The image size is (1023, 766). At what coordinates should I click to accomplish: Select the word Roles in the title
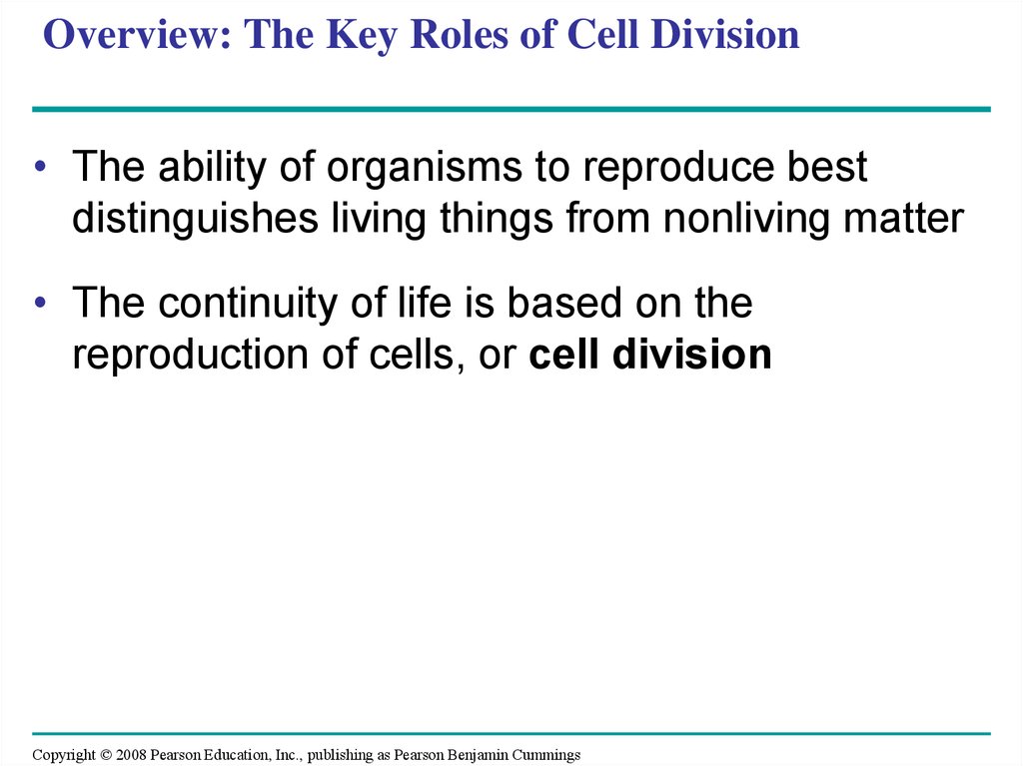click(x=459, y=34)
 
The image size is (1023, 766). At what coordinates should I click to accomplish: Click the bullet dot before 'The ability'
click(x=40, y=167)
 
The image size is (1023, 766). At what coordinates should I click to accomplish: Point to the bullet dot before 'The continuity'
click(x=40, y=302)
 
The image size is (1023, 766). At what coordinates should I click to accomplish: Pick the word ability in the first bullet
click(x=212, y=168)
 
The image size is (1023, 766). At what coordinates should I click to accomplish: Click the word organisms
click(x=425, y=168)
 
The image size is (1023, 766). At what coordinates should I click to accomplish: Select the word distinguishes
click(x=195, y=218)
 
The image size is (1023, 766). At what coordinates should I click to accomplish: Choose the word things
click(x=497, y=218)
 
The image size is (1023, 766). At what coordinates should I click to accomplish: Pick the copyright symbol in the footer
click(x=106, y=755)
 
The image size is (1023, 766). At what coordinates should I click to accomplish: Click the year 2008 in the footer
click(x=131, y=755)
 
